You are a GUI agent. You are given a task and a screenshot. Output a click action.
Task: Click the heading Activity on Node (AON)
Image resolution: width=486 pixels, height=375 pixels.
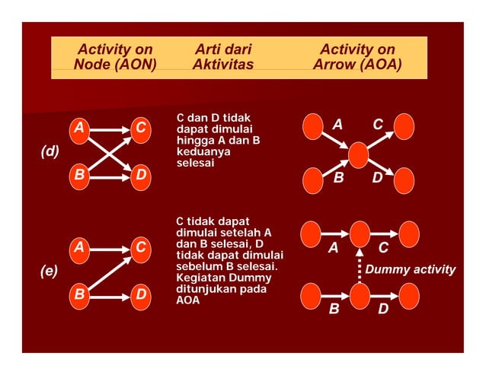[x=115, y=57]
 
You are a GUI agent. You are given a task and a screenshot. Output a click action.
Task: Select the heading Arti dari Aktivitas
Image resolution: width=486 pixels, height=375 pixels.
[x=222, y=57]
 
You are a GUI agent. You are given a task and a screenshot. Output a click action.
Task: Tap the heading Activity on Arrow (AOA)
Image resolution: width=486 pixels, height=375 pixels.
[x=357, y=57]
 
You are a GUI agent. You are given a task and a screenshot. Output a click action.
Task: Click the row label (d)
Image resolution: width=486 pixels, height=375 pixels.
[x=50, y=151]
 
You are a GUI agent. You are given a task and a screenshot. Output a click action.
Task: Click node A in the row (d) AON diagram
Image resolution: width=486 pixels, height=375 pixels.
[x=78, y=129]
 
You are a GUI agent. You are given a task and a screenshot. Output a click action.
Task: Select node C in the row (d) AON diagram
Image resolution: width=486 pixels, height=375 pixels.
[x=140, y=129]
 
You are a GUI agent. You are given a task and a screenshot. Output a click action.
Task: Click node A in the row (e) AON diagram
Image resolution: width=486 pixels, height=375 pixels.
[x=78, y=248]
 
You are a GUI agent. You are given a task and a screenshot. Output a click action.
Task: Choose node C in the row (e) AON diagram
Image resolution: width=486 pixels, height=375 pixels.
[x=140, y=248]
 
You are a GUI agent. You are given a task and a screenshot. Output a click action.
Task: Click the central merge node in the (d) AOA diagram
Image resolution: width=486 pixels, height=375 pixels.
[x=358, y=155]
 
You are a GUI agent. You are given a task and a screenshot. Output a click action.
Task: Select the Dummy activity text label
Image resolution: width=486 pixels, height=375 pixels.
[x=411, y=269]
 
